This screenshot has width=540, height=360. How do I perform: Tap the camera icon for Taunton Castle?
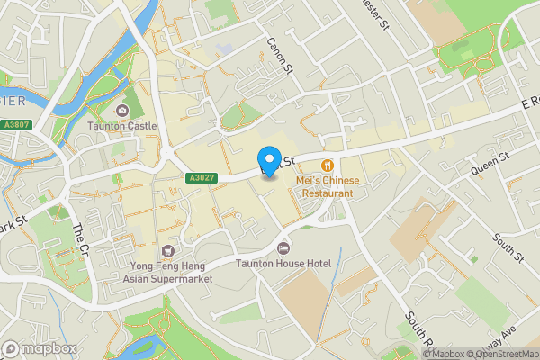click(122, 111)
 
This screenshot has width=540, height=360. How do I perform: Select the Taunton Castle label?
click(122, 127)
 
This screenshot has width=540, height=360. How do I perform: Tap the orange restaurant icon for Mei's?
click(328, 166)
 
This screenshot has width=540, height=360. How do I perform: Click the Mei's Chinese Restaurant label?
click(328, 187)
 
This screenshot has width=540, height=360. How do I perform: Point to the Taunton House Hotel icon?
click(284, 247)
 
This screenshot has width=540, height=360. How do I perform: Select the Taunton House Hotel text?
click(283, 264)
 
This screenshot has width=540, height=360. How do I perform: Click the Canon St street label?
click(280, 55)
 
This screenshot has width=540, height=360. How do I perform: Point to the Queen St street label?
click(490, 164)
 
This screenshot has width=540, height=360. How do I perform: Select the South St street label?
click(508, 247)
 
